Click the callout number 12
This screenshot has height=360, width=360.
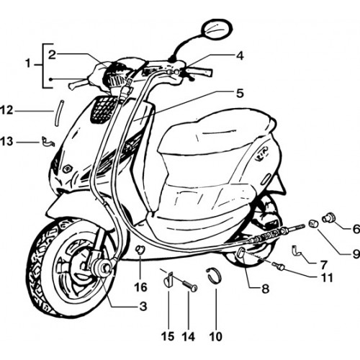coord(6,111)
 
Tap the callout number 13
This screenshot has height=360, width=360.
coord(6,141)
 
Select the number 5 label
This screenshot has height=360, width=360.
coord(240,93)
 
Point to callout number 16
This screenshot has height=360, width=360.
coord(141,287)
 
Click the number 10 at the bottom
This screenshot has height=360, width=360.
coord(215,336)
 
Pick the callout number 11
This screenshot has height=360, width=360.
coord(326,278)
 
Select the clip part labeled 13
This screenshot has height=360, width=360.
coord(48,141)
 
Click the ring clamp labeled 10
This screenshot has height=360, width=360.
coord(215,276)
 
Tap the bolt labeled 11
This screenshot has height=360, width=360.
coord(279,266)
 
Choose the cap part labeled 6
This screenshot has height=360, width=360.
coord(329,217)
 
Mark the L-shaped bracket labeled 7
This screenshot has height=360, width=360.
coord(297,251)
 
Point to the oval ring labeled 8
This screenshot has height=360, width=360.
coord(241,253)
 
